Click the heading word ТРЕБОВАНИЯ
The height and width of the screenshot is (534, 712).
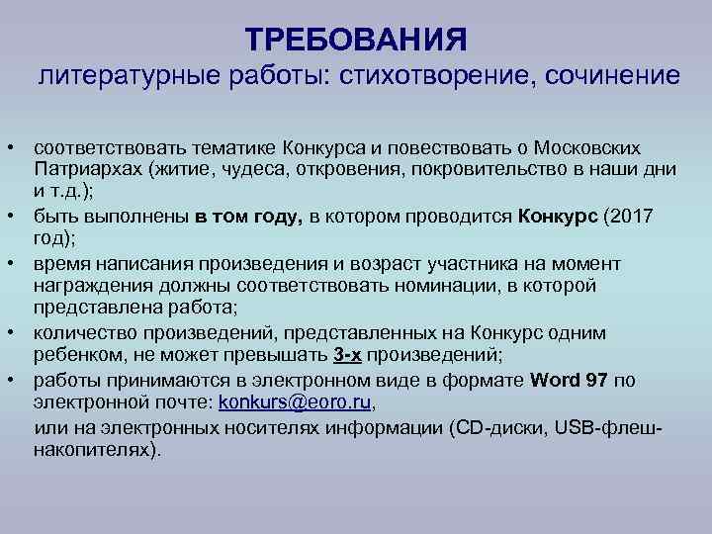point(356,40)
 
